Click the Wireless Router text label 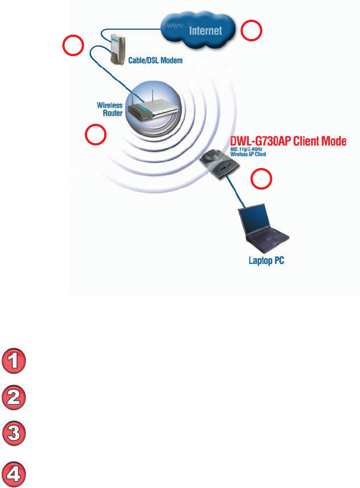coord(109,108)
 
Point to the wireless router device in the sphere coord(149,108)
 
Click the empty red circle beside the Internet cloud coord(253,31)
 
